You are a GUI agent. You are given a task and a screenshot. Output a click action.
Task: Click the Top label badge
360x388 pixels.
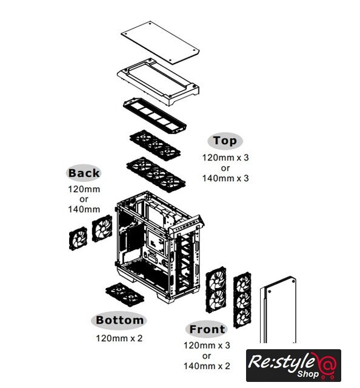tap(225, 141)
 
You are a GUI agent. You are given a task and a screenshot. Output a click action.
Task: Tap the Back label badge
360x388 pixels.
tap(84, 173)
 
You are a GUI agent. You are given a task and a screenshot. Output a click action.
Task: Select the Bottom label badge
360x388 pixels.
tap(119, 320)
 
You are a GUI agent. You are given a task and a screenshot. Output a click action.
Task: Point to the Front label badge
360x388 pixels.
tap(207, 329)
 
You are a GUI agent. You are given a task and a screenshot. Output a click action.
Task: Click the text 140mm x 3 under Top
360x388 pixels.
tap(225, 178)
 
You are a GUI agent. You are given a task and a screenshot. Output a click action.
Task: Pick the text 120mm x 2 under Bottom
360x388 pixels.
tap(119, 338)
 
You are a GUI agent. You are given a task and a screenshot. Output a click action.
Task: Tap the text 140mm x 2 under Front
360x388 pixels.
tap(207, 366)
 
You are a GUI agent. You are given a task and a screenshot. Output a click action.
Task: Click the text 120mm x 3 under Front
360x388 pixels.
tap(207, 346)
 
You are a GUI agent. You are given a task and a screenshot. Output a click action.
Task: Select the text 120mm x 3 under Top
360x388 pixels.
tap(225, 158)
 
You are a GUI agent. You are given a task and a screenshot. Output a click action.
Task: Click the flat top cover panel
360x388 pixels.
tap(160, 42)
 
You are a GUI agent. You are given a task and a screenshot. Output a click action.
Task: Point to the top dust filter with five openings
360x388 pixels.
tap(155, 116)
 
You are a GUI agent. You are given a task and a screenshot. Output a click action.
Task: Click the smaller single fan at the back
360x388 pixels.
tap(78, 239)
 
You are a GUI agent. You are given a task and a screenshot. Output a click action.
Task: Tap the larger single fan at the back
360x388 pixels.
tap(102, 228)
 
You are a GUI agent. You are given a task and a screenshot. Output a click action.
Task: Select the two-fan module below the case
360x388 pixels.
tap(125, 295)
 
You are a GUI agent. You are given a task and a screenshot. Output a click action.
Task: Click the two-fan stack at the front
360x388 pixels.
tap(216, 290)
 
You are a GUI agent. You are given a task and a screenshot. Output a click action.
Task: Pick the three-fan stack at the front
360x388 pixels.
tap(242, 300)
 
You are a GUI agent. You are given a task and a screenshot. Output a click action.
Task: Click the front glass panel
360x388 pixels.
tap(278, 310)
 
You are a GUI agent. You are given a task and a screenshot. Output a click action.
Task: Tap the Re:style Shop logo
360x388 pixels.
tap(293, 365)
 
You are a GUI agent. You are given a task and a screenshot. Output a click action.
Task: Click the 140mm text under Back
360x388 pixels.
tap(84, 210)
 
